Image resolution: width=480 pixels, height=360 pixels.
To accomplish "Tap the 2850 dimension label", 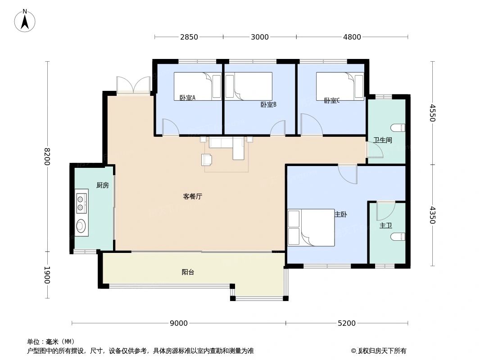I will click(x=189, y=37).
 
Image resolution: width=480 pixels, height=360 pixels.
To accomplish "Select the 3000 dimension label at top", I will click(x=260, y=37).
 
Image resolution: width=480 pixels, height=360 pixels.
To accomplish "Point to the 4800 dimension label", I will click(x=352, y=37).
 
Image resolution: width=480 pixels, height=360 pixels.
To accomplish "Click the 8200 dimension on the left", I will click(x=47, y=157).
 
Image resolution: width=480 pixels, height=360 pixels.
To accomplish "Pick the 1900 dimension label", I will click(x=47, y=275).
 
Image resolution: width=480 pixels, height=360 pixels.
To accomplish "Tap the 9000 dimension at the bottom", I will click(x=179, y=323).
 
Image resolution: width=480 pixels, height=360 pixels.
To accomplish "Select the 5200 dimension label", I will click(x=347, y=323).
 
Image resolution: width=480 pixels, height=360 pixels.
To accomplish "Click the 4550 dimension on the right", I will click(x=433, y=113).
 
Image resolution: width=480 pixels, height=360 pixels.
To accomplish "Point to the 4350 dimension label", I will click(x=433, y=215).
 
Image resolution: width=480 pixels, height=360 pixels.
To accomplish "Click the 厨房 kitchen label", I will click(x=102, y=185).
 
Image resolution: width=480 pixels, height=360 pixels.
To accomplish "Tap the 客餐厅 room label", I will click(x=192, y=196).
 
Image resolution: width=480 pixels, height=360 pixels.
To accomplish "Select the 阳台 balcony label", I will click(x=188, y=272).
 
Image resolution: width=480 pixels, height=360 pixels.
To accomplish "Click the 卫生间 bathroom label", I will click(x=383, y=140).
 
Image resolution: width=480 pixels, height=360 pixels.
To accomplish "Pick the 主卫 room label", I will click(x=385, y=225).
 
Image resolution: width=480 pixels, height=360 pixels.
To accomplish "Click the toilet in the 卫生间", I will click(x=399, y=127).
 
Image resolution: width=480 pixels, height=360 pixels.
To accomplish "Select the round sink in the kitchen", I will click(x=81, y=225).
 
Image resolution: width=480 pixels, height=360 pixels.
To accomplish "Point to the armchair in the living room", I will click(x=207, y=159).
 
